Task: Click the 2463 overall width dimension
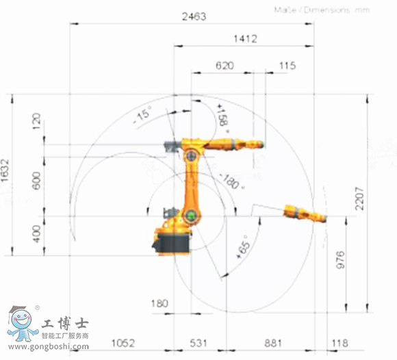194,17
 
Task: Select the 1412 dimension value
244,40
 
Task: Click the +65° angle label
243,244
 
